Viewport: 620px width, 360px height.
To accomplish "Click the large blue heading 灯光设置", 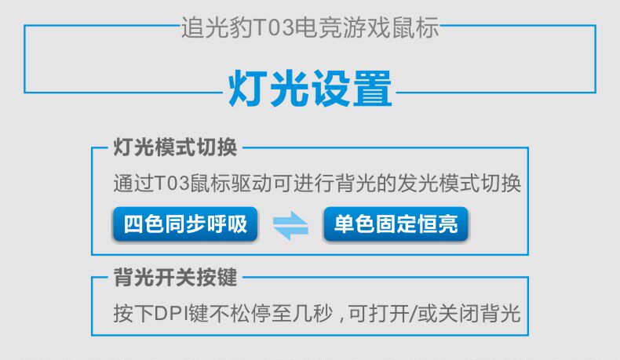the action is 310,89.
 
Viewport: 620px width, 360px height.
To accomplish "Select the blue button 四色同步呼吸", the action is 185,224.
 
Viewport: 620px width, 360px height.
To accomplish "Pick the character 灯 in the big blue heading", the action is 245,89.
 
